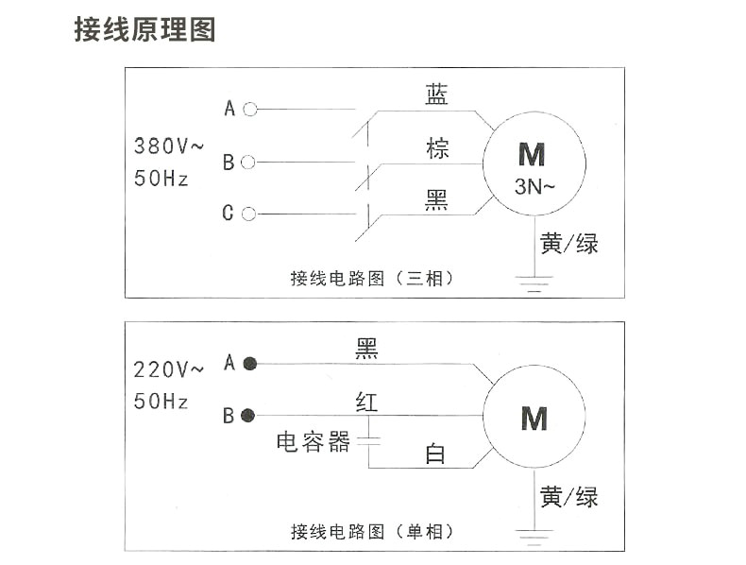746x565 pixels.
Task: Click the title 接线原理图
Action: pos(144,29)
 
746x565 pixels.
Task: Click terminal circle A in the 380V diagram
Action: pos(250,110)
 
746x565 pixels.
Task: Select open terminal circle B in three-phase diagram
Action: pos(248,163)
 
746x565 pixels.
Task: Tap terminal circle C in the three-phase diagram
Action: pos(248,214)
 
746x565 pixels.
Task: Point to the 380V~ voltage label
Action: pos(169,146)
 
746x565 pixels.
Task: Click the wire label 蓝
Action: pos(436,94)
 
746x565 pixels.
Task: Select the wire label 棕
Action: pos(437,148)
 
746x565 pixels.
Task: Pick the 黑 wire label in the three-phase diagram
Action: pos(436,200)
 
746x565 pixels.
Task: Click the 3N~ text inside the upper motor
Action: pos(534,186)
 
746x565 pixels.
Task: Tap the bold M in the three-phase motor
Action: pos(532,154)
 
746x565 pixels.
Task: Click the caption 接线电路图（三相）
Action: pos(372,279)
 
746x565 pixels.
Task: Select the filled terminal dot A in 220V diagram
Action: pos(250,364)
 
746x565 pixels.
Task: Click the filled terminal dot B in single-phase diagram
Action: pos(247,416)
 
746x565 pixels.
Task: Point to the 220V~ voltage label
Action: pos(169,369)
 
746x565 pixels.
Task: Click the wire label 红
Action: pos(366,402)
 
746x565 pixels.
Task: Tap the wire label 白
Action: pos(434,454)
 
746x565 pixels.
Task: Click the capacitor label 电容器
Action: pos(314,442)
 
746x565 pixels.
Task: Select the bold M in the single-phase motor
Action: pos(534,419)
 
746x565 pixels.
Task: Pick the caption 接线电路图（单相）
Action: pos(372,532)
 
